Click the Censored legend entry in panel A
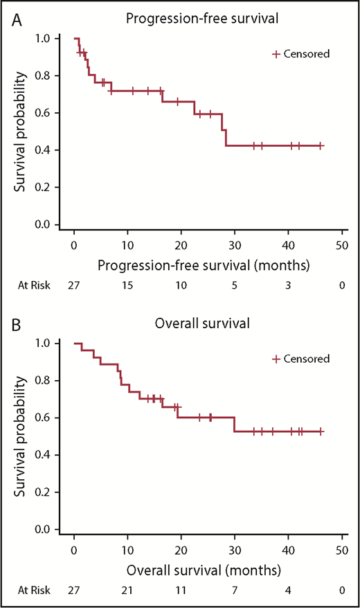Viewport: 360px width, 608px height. click(301, 53)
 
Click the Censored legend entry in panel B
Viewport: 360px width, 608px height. click(301, 358)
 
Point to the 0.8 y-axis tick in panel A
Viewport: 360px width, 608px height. click(42, 75)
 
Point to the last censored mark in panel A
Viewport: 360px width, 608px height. click(321, 146)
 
